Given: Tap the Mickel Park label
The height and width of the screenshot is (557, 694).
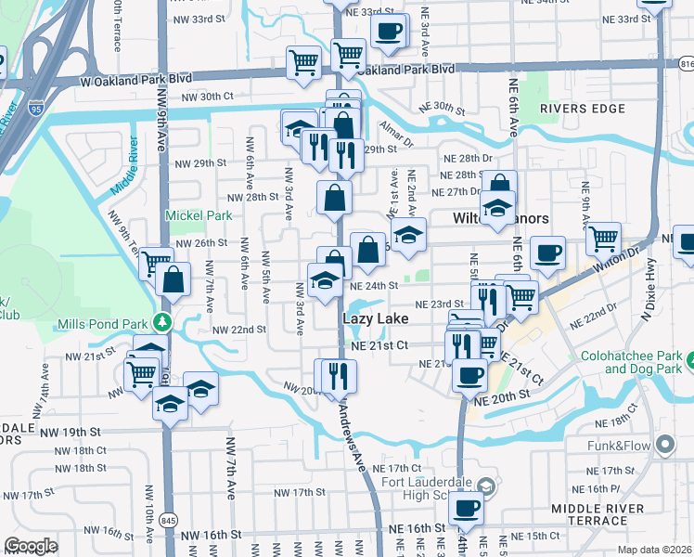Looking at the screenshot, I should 198,215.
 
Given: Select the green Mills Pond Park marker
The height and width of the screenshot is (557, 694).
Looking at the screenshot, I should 163,323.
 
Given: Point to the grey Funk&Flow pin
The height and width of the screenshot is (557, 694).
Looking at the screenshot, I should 664,446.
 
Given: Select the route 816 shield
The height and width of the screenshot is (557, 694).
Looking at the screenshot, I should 686,65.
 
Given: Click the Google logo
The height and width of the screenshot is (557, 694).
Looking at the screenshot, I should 31,546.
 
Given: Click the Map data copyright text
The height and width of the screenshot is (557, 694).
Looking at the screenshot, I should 654,550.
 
